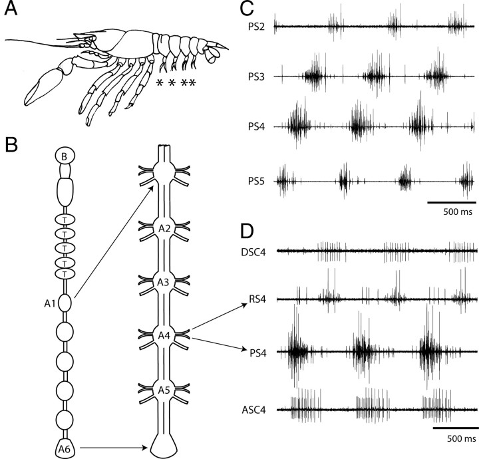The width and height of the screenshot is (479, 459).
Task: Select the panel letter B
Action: click(x=11, y=144)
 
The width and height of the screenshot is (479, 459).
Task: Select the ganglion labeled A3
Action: click(x=165, y=282)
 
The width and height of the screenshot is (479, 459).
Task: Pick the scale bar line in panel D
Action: click(x=454, y=428)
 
